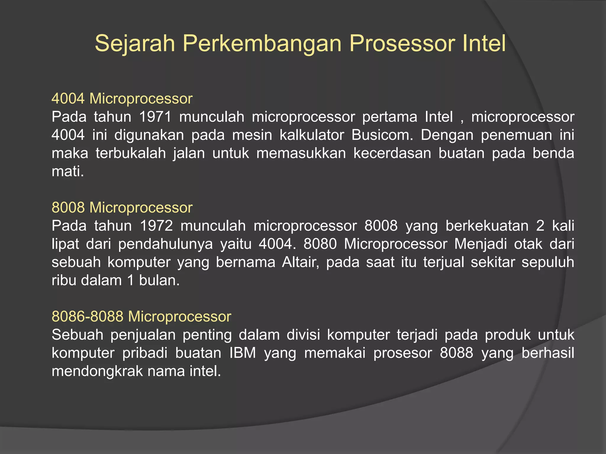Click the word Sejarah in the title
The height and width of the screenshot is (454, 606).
click(x=135, y=43)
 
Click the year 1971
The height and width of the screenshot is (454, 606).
click(x=155, y=117)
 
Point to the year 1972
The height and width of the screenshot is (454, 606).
click(x=156, y=226)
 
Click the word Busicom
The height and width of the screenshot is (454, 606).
click(x=382, y=135)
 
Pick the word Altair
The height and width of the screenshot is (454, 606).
click(x=300, y=262)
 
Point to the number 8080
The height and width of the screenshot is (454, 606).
click(x=320, y=244)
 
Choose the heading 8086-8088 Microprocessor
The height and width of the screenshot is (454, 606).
click(x=141, y=316)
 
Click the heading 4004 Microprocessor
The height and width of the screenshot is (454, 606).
click(x=122, y=98)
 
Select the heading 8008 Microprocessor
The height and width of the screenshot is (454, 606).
click(x=122, y=207)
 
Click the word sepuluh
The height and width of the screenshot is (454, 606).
click(x=547, y=262)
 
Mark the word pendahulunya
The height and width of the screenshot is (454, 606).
click(x=165, y=244)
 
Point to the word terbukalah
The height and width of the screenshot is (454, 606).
click(x=130, y=153)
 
